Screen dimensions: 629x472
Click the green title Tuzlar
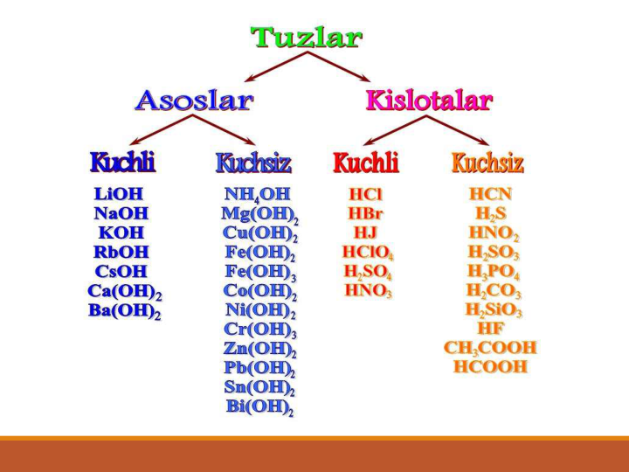pos(307,38)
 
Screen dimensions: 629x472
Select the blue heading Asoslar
pos(194,100)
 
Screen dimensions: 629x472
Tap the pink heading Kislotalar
pos(429,100)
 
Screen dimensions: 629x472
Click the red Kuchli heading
pos(366,163)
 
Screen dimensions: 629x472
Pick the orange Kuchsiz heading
pos(487,163)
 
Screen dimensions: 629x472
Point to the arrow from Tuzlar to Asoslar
pos(275,66)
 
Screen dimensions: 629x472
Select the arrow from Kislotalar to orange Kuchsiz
pos(458,130)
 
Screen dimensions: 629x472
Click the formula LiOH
pos(119,194)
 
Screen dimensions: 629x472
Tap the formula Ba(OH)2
pos(125,311)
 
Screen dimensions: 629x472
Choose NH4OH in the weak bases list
pos(257,195)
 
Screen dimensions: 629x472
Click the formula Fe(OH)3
pos(260,272)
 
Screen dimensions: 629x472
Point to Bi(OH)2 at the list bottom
pos(260,407)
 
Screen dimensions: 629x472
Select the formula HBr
pos(365,213)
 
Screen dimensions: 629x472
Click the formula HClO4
pos(368,253)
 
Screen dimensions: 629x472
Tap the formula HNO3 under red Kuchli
pos(369,291)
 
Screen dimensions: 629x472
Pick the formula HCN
pos(491,194)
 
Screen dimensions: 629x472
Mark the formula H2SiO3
pos(494,310)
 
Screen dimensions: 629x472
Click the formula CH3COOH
pos(490,348)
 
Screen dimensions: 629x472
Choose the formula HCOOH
pos(490,367)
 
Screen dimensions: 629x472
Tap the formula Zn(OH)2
pos(260,349)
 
